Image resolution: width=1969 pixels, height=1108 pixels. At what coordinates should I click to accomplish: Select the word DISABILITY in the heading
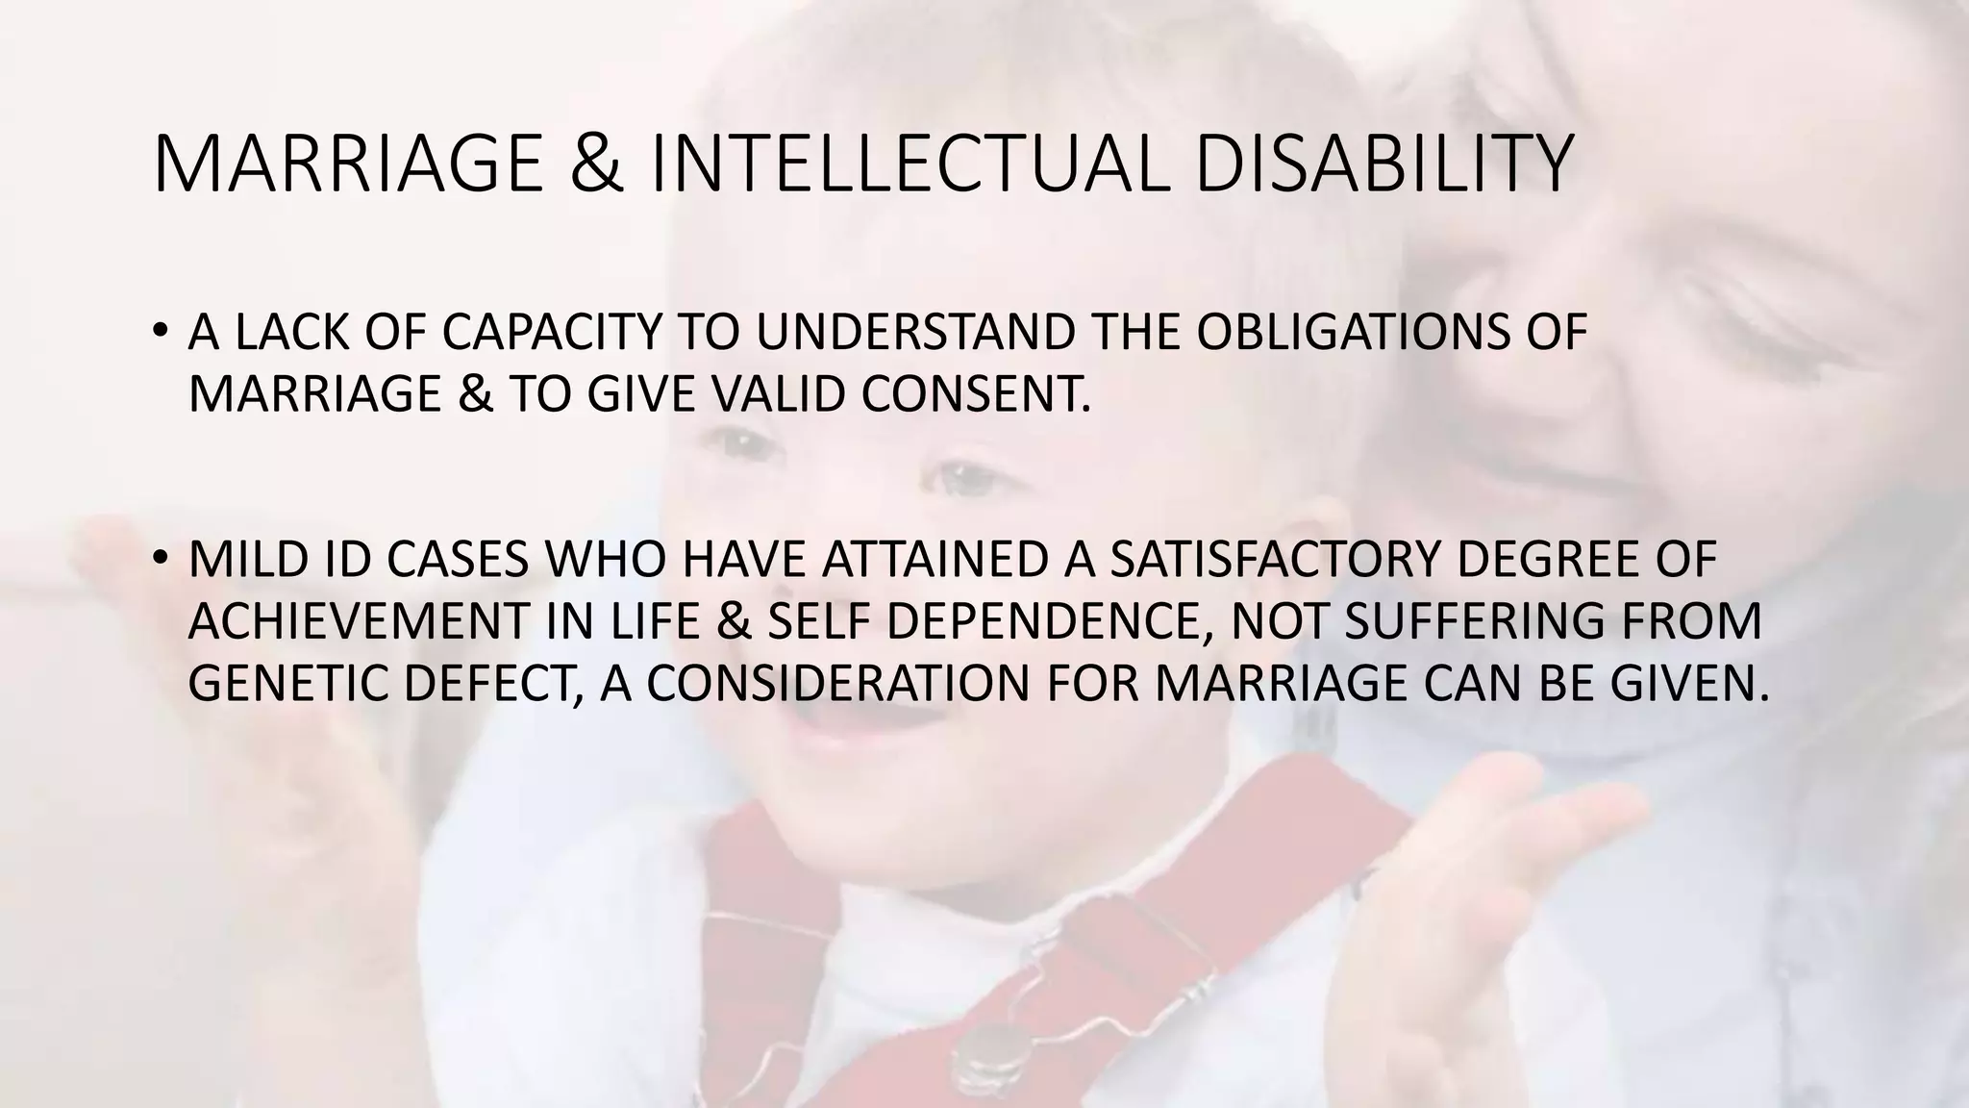point(1383,164)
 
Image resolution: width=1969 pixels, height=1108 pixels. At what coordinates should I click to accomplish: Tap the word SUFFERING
point(1475,621)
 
